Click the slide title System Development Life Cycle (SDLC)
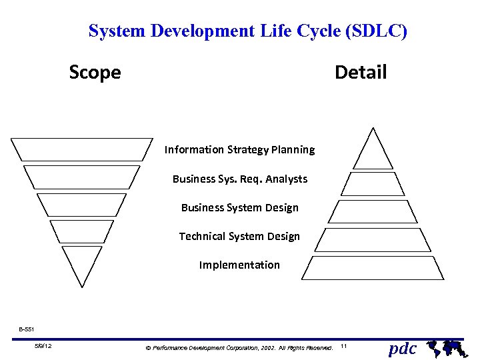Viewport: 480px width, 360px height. (247, 31)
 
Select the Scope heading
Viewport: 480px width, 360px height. (95, 72)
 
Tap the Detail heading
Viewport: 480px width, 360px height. (360, 72)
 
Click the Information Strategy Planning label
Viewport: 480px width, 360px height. (239, 149)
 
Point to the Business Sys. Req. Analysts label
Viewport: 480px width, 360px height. (239, 179)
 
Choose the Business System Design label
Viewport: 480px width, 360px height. (239, 207)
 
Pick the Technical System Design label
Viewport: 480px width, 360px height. (239, 236)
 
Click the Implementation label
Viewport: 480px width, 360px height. (239, 265)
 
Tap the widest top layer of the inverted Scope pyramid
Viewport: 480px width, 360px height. (81, 149)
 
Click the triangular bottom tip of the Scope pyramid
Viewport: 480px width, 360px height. (82, 262)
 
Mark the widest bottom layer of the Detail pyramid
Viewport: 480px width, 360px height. (373, 267)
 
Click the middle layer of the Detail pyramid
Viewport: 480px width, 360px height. (373, 211)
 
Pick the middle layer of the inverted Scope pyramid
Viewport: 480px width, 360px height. (81, 204)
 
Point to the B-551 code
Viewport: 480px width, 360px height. (27, 329)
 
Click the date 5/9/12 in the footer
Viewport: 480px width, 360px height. (44, 346)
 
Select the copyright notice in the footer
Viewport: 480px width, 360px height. (239, 347)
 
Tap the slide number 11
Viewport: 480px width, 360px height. (343, 347)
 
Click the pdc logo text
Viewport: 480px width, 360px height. (402, 348)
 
